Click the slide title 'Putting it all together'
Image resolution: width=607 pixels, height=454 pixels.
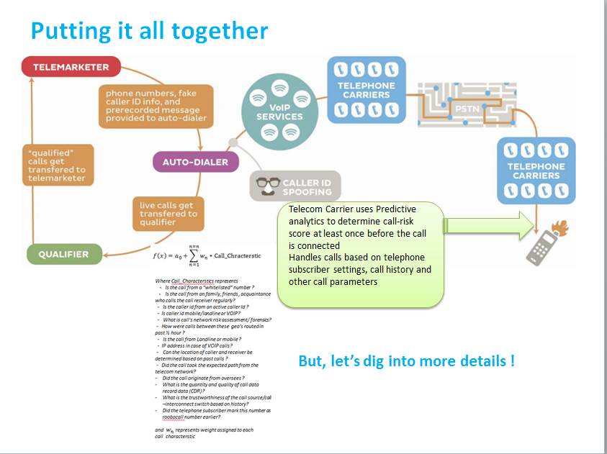tap(149, 30)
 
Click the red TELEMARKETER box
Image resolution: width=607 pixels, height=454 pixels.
tap(66, 67)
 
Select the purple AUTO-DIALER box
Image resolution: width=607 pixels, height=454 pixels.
tap(190, 161)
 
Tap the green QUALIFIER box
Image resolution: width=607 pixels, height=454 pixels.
tap(63, 253)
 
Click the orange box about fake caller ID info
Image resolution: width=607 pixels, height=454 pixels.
tap(156, 105)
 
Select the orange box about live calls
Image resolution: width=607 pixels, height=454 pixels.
tap(168, 214)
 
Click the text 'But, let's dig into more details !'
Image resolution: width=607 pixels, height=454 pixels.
tap(406, 360)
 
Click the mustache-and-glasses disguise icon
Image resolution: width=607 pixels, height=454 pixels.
tap(265, 186)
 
